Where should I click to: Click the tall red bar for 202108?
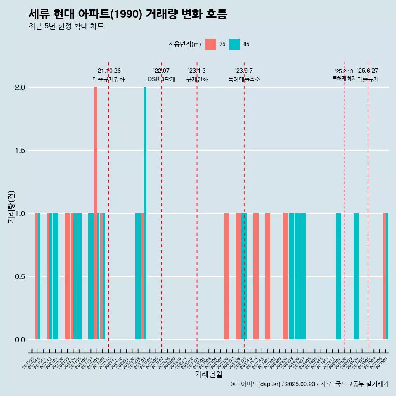[x=95, y=213]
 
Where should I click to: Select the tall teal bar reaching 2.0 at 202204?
[x=145, y=213]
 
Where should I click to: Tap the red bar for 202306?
[x=226, y=276]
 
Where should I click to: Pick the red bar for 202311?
[x=256, y=276]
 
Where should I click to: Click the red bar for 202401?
[x=268, y=276]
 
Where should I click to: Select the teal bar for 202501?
[x=338, y=276]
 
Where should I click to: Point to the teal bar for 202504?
[x=356, y=276]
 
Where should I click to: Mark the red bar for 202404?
[x=285, y=276]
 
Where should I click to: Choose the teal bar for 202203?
[x=138, y=276]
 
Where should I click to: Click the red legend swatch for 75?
[x=210, y=44]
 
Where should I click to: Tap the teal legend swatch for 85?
[x=234, y=44]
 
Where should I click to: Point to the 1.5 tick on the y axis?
[x=20, y=151]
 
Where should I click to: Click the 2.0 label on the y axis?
[x=20, y=87]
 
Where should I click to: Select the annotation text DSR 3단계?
[x=161, y=79]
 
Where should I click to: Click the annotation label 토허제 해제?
[x=344, y=78]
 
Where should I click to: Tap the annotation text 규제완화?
[x=197, y=79]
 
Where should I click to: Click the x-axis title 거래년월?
[x=208, y=375]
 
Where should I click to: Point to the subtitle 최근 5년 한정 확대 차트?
[x=66, y=26]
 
